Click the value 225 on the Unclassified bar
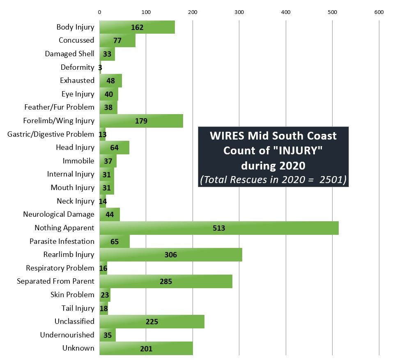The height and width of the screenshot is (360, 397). [152, 321]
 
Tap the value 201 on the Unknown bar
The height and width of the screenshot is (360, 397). [146, 349]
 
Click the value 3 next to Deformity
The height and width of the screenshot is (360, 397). [100, 67]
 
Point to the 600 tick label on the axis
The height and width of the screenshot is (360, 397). [379, 12]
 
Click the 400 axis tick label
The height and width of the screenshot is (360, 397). [286, 12]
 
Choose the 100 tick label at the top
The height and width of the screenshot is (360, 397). [146, 12]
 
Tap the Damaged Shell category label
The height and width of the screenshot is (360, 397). [69, 54]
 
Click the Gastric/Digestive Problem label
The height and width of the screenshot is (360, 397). [51, 134]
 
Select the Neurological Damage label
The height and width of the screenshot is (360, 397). [59, 214]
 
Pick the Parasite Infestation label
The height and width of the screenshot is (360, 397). [62, 241]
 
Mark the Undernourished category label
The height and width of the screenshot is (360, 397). [67, 335]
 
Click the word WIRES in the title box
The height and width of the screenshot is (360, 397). [226, 136]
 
